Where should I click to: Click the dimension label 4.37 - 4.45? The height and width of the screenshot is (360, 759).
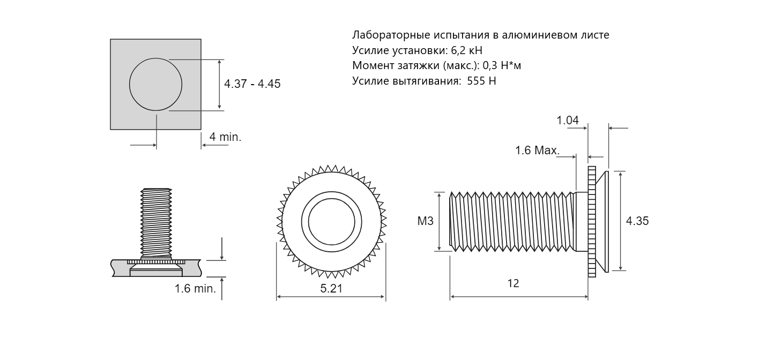point(252,84)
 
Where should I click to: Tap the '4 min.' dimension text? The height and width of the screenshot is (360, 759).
point(225,137)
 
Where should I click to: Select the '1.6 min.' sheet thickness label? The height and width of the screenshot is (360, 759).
point(195,289)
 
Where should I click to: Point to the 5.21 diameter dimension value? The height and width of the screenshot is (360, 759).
point(331,289)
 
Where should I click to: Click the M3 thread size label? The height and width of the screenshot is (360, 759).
point(425,221)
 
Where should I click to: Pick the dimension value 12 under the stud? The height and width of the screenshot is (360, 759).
point(513,283)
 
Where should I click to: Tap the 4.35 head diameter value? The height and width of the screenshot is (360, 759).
point(637,221)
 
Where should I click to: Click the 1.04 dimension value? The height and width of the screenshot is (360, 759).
point(568,120)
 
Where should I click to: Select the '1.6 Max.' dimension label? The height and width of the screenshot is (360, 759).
point(538,151)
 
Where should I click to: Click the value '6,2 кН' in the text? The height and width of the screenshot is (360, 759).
point(466,50)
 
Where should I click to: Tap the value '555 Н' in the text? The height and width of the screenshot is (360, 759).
point(481,81)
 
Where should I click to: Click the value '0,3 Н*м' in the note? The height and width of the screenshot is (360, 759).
point(502,66)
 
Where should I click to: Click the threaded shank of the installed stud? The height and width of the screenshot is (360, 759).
point(156,223)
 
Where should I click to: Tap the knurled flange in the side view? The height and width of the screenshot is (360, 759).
point(592,222)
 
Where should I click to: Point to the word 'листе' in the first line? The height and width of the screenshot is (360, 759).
point(594,35)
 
